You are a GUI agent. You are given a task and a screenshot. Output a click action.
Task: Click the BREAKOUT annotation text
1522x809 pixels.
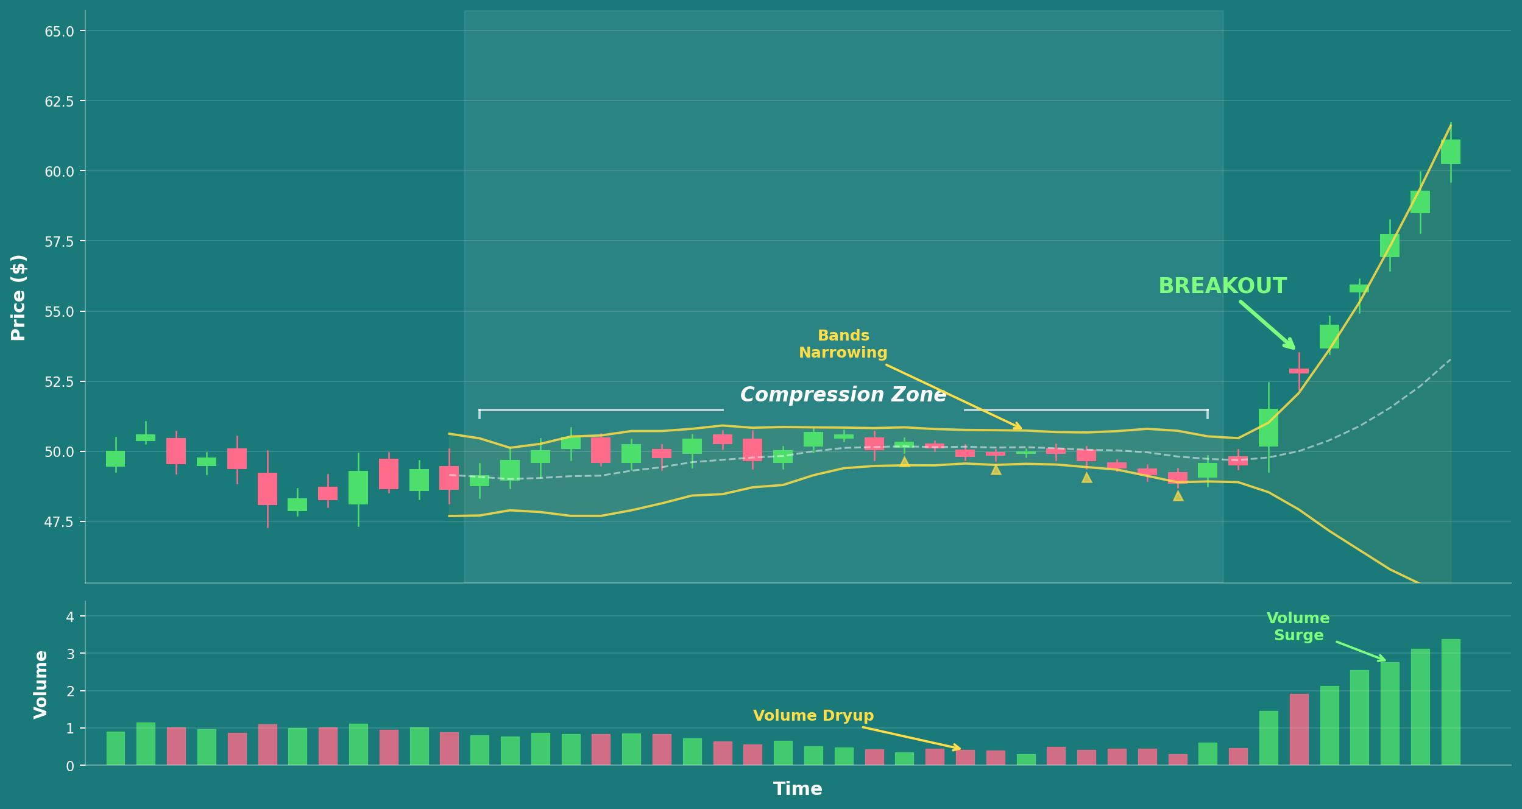tap(1222, 286)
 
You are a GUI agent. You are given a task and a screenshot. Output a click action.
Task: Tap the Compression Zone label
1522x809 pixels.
tap(843, 395)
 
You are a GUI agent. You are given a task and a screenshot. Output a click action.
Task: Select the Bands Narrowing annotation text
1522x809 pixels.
tap(843, 344)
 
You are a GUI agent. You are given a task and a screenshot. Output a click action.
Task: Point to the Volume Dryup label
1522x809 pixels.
tap(813, 716)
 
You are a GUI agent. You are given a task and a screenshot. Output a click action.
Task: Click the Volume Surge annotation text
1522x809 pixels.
tap(1298, 627)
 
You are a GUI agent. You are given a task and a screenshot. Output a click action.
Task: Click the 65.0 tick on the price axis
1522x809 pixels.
tap(59, 31)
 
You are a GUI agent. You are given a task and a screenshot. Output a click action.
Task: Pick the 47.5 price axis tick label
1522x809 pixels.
tap(59, 522)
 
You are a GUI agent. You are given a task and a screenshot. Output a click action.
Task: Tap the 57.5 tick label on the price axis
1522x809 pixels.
tap(59, 242)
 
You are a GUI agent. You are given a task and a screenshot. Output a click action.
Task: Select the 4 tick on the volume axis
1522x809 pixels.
tap(70, 617)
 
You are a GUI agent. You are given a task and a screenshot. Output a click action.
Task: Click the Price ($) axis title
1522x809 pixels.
tap(19, 298)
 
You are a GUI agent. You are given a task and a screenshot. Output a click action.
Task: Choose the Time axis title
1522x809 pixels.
tap(797, 789)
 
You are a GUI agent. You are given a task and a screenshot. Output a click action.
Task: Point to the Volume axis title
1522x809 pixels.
tap(41, 685)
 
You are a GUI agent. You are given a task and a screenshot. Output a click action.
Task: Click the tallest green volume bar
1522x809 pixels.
tap(1450, 702)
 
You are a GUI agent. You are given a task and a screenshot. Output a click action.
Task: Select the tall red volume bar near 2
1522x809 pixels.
tap(1298, 729)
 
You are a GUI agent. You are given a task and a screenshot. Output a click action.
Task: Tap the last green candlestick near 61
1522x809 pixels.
tap(1450, 152)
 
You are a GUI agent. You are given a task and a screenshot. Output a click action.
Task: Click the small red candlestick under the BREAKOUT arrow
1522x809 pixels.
tap(1298, 370)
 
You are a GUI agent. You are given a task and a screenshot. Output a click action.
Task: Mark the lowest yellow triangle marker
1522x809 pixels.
tap(1178, 496)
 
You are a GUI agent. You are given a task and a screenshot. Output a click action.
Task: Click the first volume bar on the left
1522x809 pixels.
tap(115, 748)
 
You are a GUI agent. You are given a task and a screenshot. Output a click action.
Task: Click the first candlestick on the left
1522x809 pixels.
tap(115, 459)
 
